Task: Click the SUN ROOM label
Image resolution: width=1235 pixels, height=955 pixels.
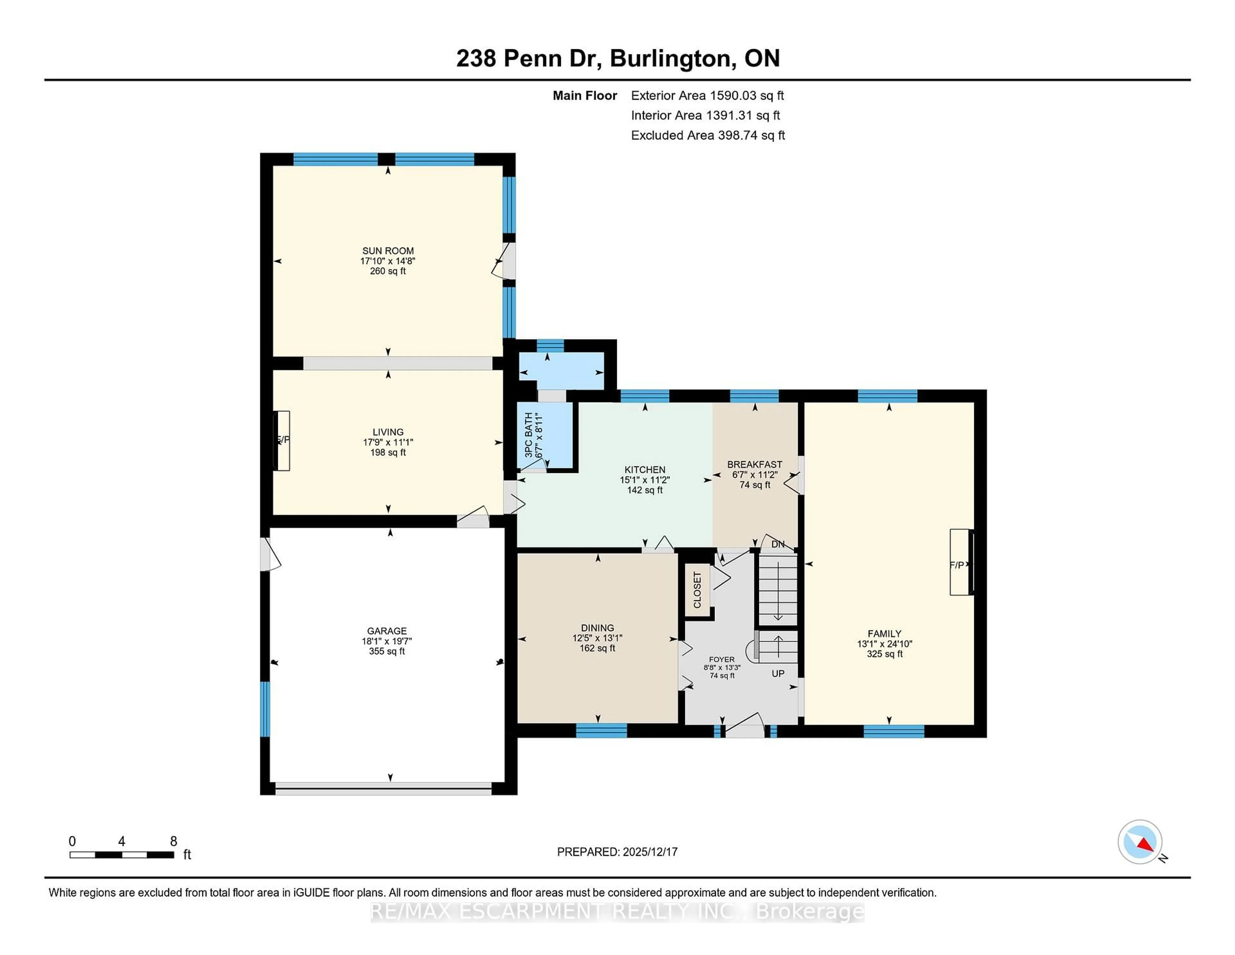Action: (388, 251)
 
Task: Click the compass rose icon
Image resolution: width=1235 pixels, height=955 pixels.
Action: (1139, 842)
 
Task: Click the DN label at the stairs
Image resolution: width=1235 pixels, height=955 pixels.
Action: (778, 544)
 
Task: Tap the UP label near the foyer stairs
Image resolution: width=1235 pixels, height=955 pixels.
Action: (778, 674)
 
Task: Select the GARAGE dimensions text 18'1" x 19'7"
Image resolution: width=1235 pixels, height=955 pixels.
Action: (387, 641)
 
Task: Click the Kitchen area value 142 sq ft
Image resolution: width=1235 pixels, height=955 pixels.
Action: (645, 490)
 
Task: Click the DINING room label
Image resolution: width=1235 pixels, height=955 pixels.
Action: (597, 628)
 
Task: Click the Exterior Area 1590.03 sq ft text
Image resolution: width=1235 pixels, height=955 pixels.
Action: (708, 96)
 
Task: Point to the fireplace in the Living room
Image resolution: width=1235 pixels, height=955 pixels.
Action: (282, 440)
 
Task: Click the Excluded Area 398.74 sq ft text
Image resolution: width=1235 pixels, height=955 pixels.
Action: (708, 135)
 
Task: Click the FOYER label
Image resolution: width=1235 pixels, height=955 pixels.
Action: (722, 659)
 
